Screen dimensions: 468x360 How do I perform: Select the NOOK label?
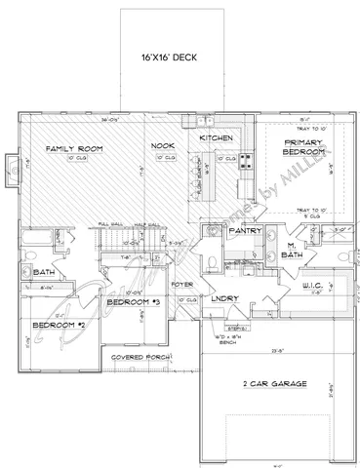pyautogui.click(x=162, y=147)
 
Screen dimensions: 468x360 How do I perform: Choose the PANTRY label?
pyautogui.click(x=242, y=233)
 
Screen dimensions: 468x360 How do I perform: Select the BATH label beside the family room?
pyautogui.click(x=42, y=274)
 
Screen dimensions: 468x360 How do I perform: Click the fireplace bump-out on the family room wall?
pyautogui.click(x=11, y=163)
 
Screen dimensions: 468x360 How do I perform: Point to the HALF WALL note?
pyautogui.click(x=147, y=224)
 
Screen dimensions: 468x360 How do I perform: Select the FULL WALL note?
pyautogui.click(x=109, y=224)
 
